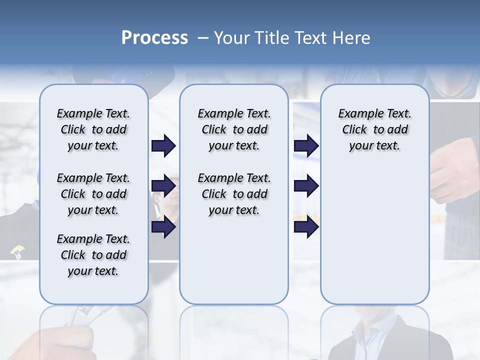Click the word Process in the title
[154, 37]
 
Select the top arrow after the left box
[163, 146]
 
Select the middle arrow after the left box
[163, 186]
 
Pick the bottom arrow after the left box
[163, 227]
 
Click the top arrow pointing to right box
[306, 146]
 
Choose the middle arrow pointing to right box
[306, 186]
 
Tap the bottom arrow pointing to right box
[306, 227]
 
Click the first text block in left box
[93, 129]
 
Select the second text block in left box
[93, 194]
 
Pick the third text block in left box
[93, 255]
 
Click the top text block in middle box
[234, 129]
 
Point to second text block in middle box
[234, 194]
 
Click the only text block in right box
[374, 129]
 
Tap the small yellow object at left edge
[17, 250]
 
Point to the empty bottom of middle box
[234, 265]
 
